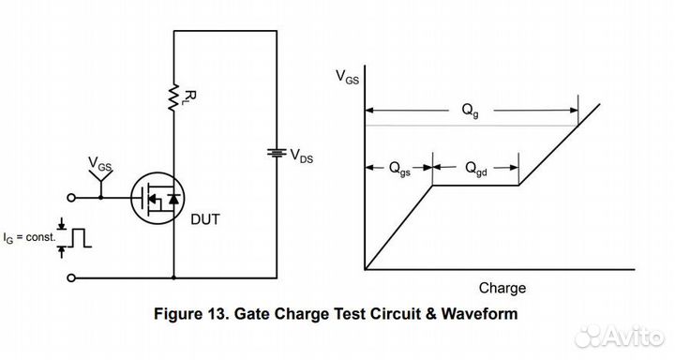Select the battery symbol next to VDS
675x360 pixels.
click(276, 153)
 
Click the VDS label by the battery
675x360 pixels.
click(302, 155)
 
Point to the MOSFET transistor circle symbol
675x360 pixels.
click(154, 198)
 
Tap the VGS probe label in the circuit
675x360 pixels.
click(99, 166)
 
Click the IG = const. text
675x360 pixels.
click(28, 238)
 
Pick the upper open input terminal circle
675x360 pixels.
click(70, 198)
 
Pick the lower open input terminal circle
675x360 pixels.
click(70, 277)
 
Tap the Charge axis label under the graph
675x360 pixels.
click(502, 288)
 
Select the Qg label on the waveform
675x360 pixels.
click(470, 111)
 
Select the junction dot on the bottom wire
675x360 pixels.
click(173, 277)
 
